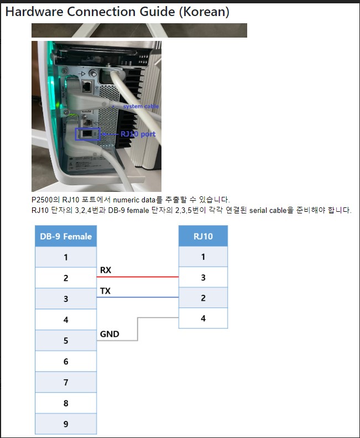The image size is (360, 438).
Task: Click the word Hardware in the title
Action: coord(35,12)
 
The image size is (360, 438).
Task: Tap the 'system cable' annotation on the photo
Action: coord(141,106)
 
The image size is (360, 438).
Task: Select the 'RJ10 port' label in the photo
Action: coord(138,134)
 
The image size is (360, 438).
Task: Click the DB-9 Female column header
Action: coord(66,236)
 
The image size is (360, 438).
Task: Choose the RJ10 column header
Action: coord(203,236)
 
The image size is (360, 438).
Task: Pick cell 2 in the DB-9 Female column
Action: coord(66,278)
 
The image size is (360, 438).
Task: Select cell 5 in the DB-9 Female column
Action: coord(66,341)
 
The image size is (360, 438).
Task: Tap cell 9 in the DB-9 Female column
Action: coord(66,424)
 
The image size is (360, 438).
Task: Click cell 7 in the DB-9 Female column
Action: coord(66,382)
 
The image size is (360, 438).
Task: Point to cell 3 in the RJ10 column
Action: coord(203,278)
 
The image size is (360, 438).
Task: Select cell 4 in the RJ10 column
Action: coord(203,318)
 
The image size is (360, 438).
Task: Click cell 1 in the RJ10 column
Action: coord(203,257)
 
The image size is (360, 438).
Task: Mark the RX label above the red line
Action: coord(106,270)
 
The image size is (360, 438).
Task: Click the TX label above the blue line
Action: coord(105,291)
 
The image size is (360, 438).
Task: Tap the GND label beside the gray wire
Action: coord(109,334)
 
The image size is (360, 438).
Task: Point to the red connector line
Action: coord(138,277)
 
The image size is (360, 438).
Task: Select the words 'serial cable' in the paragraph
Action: coord(268,210)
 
